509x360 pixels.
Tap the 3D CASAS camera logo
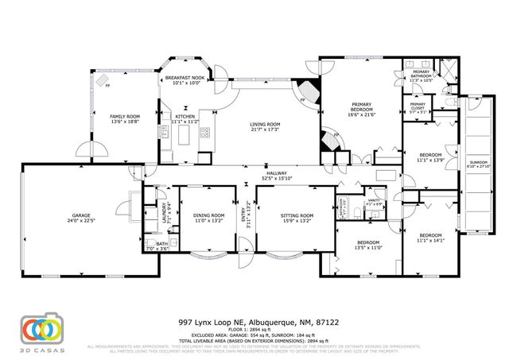point(41,328)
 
